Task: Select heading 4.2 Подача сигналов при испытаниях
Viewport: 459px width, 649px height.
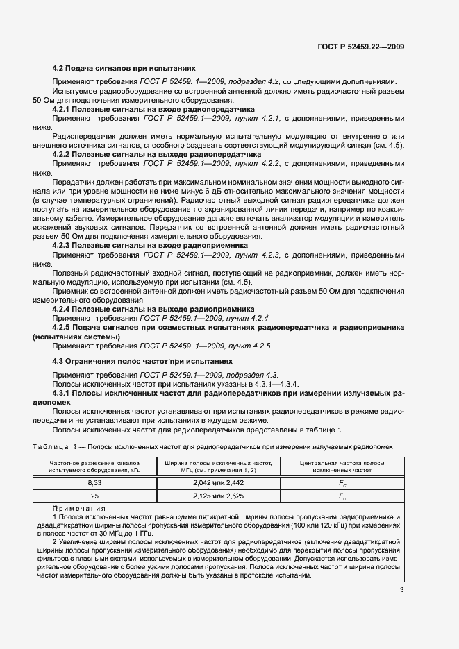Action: [124, 69]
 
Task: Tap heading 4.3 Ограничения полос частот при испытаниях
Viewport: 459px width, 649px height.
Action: [142, 362]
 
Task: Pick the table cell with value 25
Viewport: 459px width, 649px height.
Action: [94, 496]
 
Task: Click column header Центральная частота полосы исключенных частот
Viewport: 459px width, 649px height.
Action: [342, 466]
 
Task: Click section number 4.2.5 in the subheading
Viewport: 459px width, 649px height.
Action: [62, 327]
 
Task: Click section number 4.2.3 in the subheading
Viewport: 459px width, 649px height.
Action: [62, 246]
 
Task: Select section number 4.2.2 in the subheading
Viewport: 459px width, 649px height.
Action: [62, 154]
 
